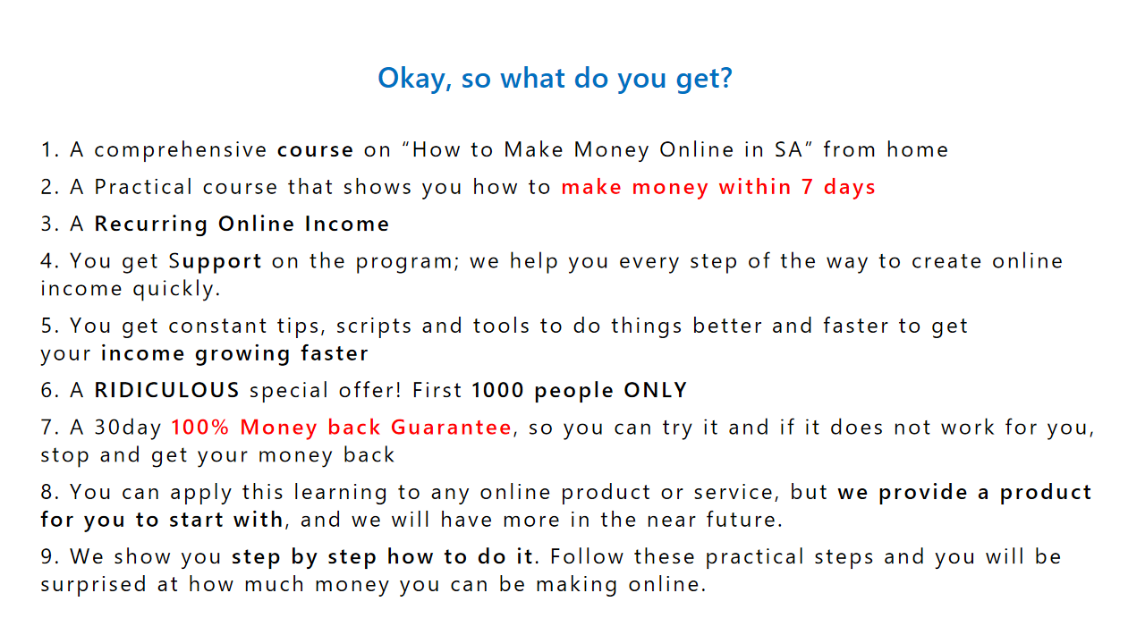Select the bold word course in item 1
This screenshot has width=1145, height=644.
coord(316,149)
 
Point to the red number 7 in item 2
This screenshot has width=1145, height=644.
coord(808,187)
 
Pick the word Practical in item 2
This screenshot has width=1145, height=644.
coord(143,187)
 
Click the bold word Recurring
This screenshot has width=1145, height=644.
coord(151,225)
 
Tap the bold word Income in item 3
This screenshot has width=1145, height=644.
coord(347,224)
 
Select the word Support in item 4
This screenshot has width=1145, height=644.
coord(216,262)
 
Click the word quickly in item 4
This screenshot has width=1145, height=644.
coord(176,289)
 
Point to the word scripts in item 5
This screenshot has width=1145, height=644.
coord(374,326)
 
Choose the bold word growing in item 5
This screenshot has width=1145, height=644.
coord(242,354)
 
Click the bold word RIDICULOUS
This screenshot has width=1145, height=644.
coord(166,391)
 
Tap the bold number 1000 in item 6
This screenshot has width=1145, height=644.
coord(498,391)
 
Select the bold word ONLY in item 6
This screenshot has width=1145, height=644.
coord(656,391)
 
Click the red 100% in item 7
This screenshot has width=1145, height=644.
coord(199,428)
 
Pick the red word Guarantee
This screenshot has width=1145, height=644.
coord(452,428)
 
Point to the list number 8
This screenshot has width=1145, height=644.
coord(47,492)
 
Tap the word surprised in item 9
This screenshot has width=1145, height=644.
coord(94,585)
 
